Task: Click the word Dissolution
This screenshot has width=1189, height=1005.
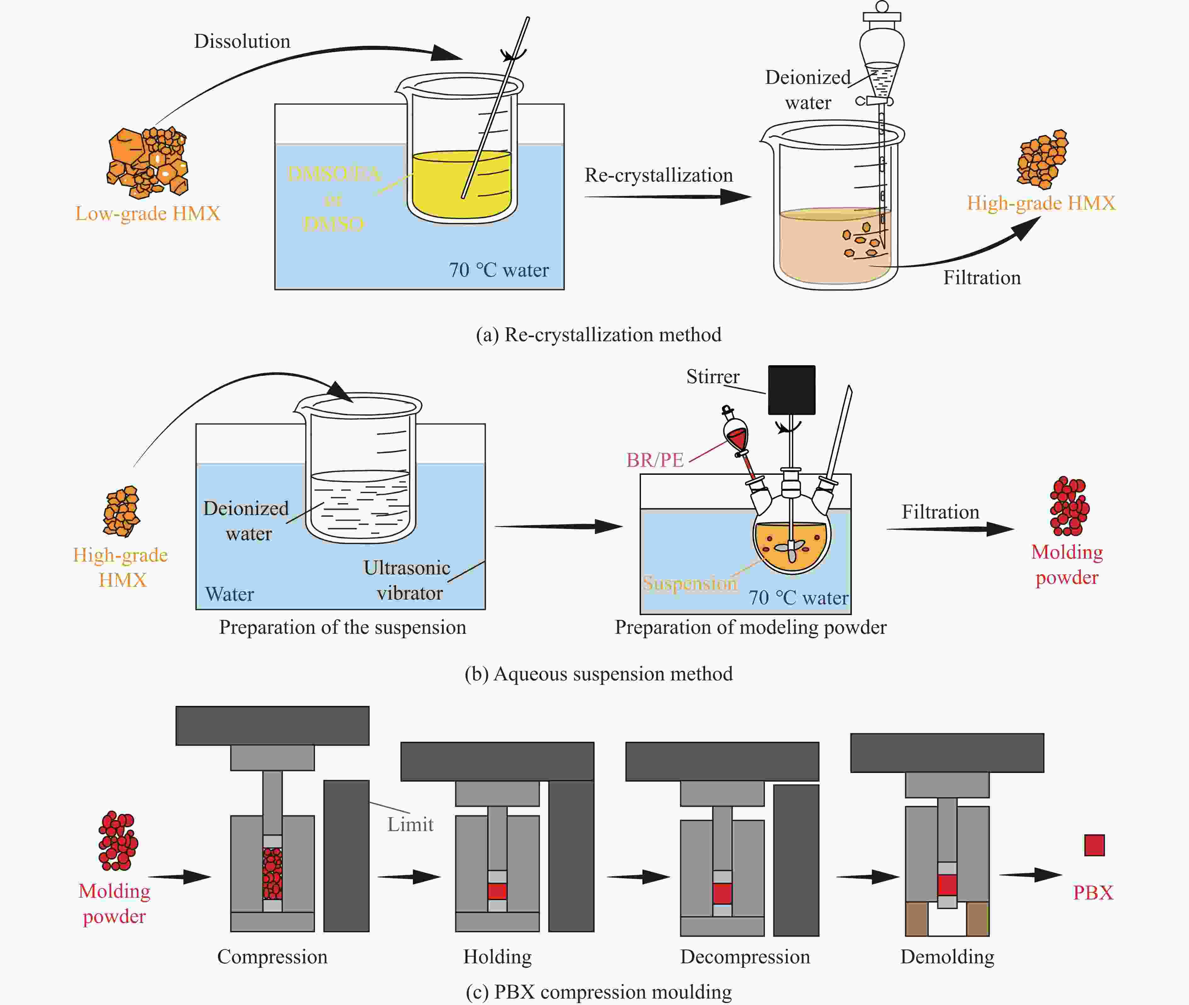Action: (242, 41)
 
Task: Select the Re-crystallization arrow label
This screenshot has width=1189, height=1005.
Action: (659, 175)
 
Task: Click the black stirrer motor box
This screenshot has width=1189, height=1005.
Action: (792, 390)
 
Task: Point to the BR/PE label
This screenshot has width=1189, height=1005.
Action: (655, 460)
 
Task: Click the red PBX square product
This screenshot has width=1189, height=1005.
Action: (1094, 845)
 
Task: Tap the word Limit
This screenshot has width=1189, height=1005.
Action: (410, 824)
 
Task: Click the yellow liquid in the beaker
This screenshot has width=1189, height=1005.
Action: (461, 185)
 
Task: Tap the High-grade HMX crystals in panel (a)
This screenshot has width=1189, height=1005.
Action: (1042, 160)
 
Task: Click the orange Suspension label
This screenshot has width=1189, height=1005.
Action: (690, 583)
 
